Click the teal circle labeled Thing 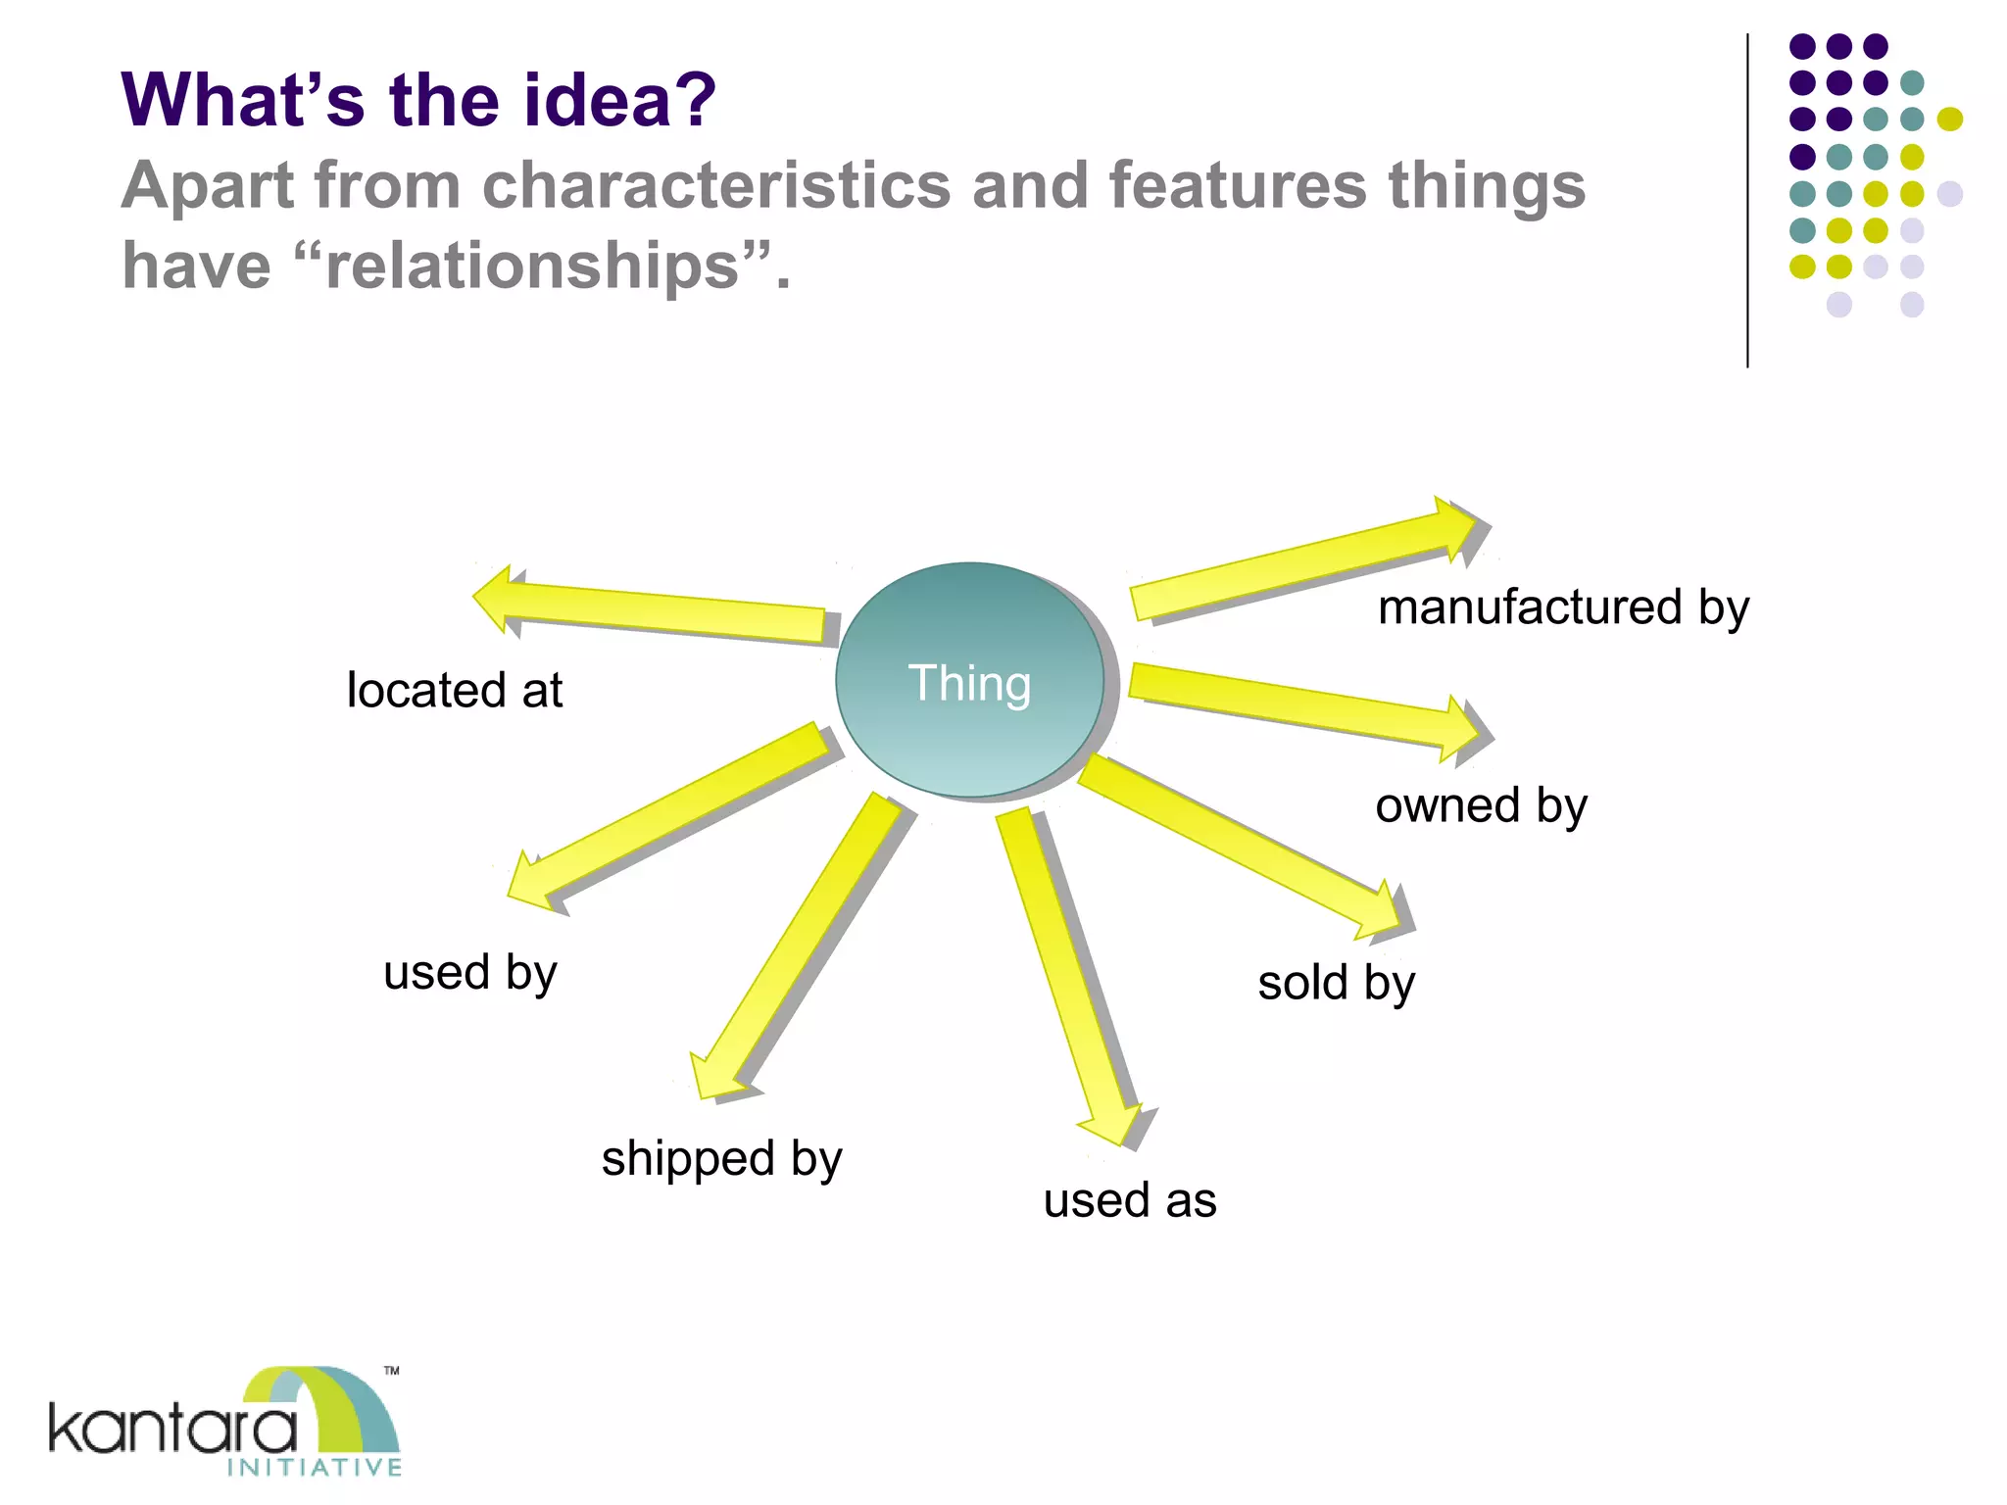(969, 680)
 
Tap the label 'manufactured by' (1563, 607)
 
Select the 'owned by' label (1481, 806)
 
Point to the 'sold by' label (1337, 983)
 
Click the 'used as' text (1130, 1200)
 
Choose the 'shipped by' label (721, 1159)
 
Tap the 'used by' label (470, 973)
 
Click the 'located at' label (455, 690)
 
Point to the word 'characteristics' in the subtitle (715, 185)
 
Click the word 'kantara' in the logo (172, 1430)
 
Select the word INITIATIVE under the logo (315, 1467)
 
